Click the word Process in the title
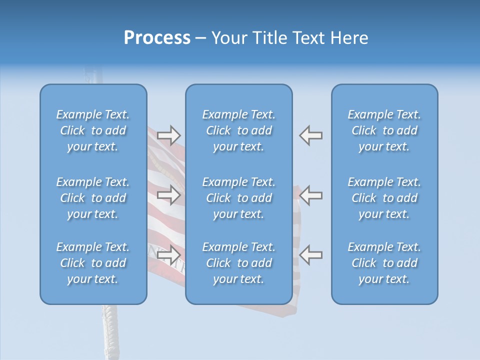click(x=157, y=38)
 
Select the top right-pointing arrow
click(x=168, y=135)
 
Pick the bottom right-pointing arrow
click(x=168, y=254)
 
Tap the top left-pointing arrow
click(x=311, y=135)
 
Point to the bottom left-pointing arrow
click(x=311, y=254)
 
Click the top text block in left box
click(x=93, y=130)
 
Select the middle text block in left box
click(x=93, y=198)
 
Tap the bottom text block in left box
click(x=93, y=263)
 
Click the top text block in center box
click(x=238, y=130)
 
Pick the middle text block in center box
click(x=238, y=198)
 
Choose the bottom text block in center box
click(x=238, y=263)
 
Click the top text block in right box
click(x=384, y=130)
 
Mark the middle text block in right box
click(x=384, y=198)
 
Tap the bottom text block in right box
click(x=384, y=263)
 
